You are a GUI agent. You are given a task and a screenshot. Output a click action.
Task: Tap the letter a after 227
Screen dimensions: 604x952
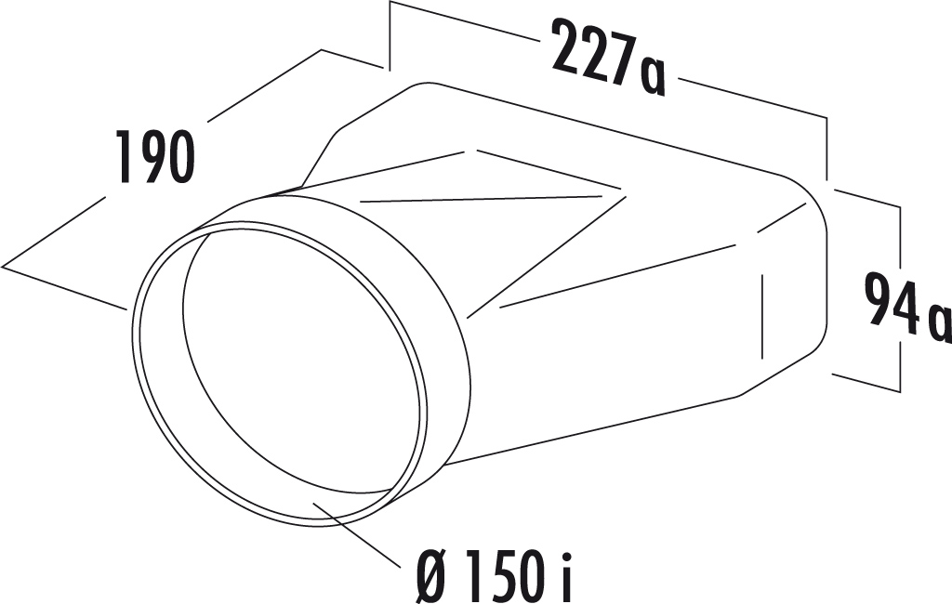click(x=653, y=78)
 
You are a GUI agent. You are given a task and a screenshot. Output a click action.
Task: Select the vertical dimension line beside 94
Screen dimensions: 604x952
click(x=900, y=297)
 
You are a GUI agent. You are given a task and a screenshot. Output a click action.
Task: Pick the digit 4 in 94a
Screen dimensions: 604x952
click(x=906, y=303)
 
